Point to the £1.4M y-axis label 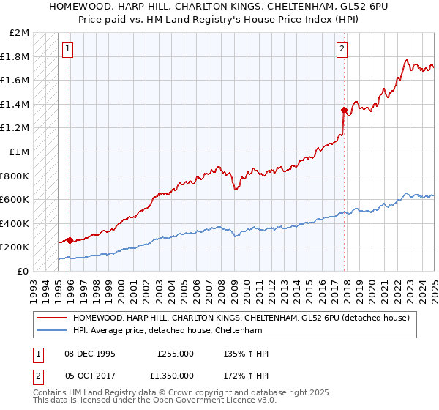[15, 104]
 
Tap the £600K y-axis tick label [15, 199]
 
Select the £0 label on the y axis [23, 271]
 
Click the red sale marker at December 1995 [70, 240]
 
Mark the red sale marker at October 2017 [343, 110]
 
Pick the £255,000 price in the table [176, 354]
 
